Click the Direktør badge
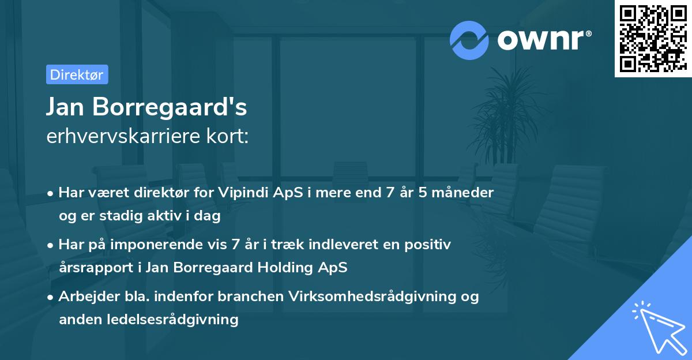coord(77,74)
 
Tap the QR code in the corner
coord(653,39)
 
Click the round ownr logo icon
coord(469,40)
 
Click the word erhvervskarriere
coord(123,136)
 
